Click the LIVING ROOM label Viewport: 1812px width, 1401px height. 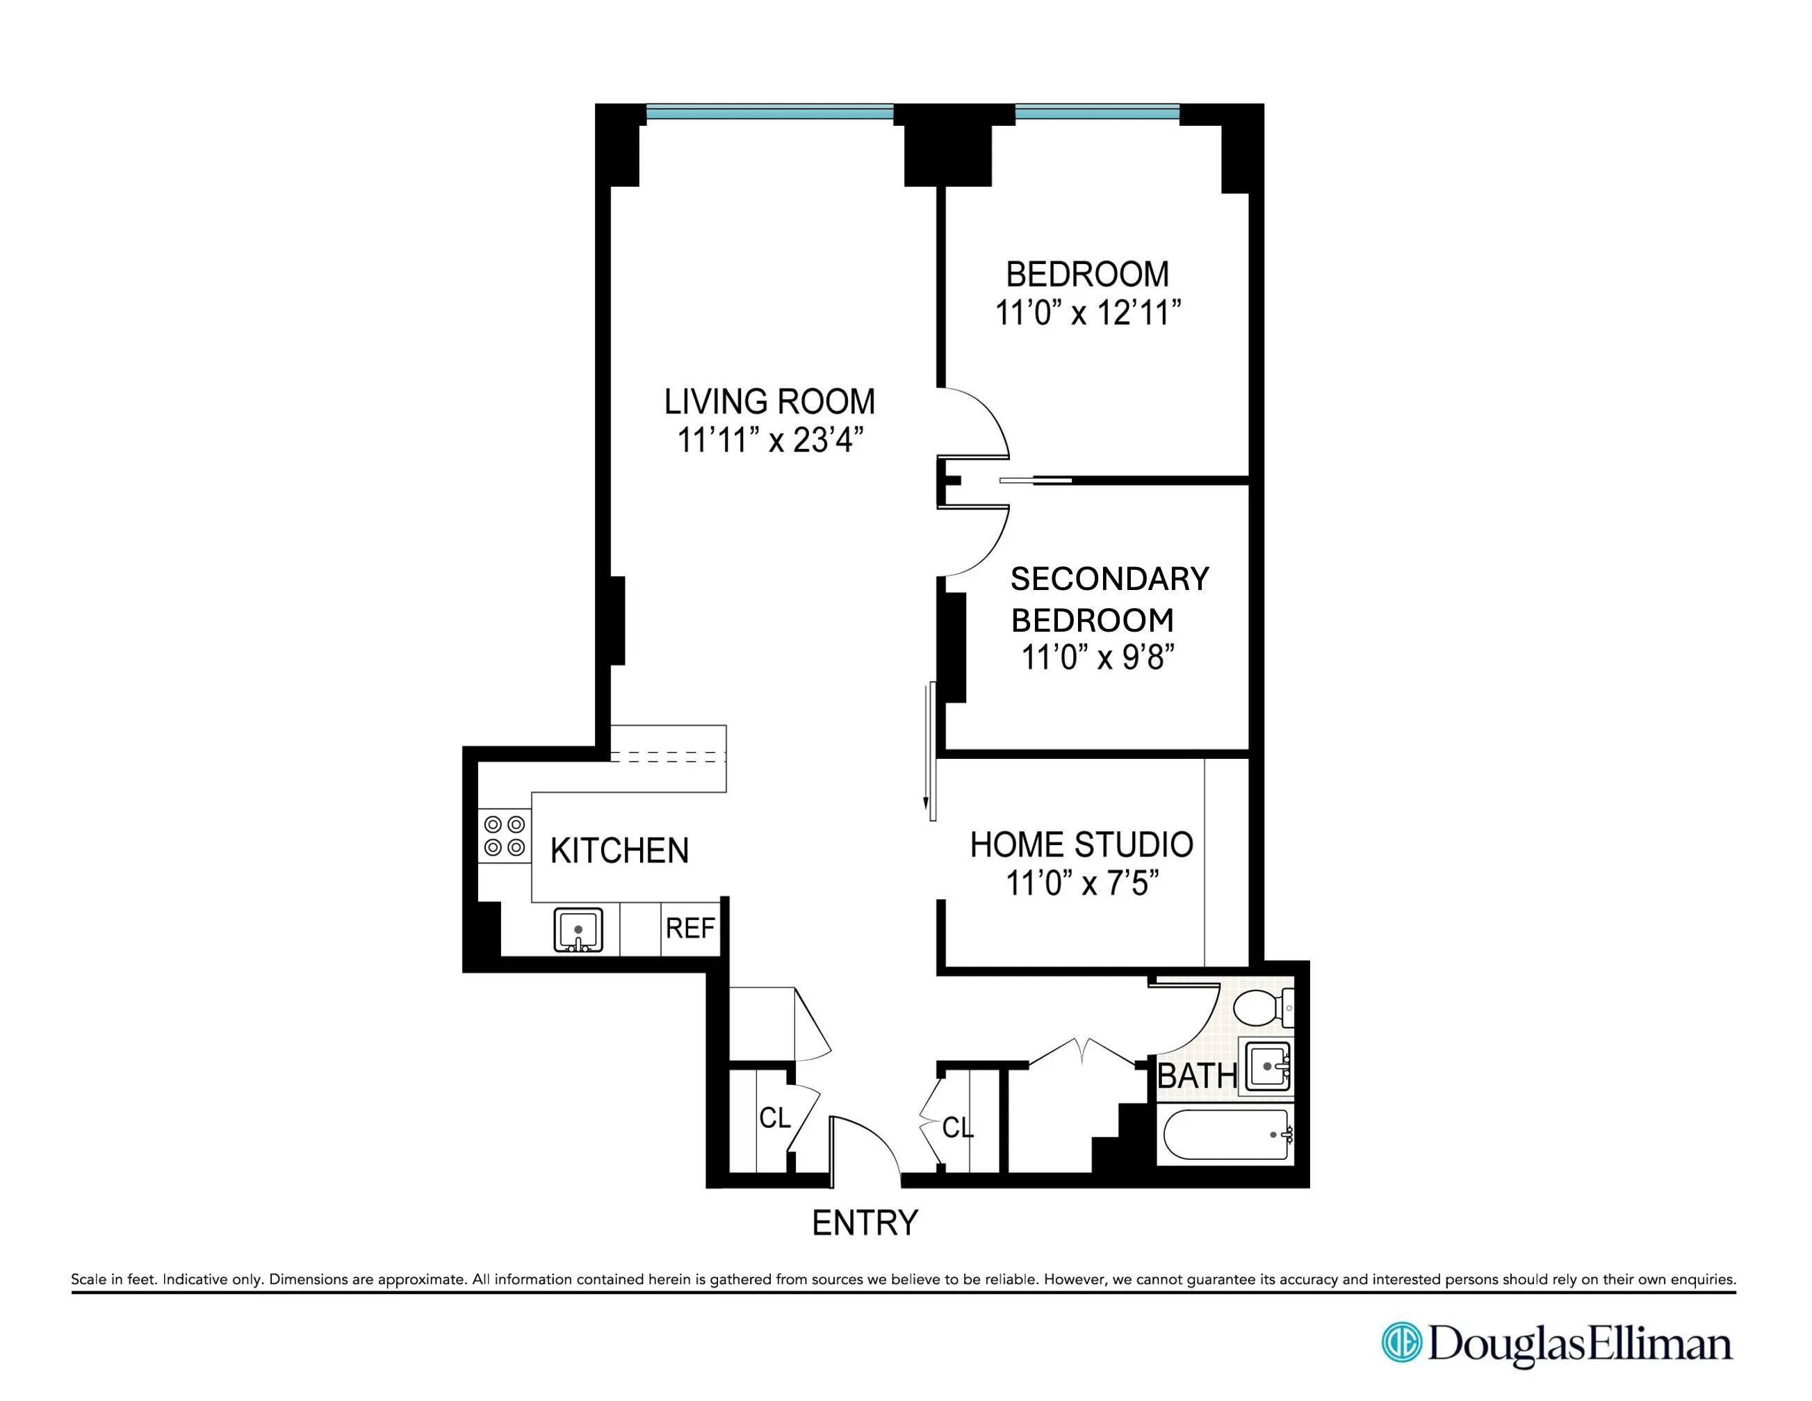click(769, 402)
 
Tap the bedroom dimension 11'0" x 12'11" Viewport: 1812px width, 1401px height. click(1088, 313)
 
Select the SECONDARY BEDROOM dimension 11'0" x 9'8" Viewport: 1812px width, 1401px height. click(1097, 658)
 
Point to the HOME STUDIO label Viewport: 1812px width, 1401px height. click(1081, 845)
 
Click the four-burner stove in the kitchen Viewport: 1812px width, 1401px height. click(505, 835)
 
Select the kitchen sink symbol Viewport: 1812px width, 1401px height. click(578, 930)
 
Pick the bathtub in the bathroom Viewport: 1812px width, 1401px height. click(1226, 1135)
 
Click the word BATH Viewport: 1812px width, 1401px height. click(1196, 1076)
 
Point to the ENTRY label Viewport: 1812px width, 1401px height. click(865, 1222)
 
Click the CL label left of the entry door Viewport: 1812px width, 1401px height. click(775, 1118)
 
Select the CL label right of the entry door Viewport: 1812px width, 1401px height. click(958, 1127)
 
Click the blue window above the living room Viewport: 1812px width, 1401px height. click(769, 112)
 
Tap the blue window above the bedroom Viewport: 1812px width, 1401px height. click(1097, 112)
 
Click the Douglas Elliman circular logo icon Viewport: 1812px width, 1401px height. click(1401, 1342)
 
